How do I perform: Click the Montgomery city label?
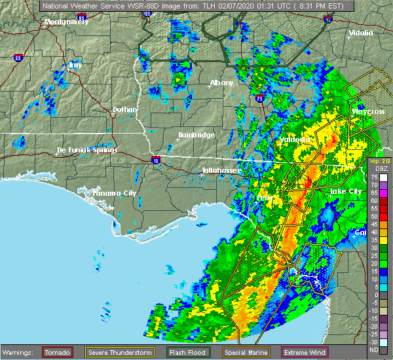coord(65,22)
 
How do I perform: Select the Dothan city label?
coord(125,109)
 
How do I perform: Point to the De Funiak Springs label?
coord(87,150)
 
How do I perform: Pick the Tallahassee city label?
coord(221,170)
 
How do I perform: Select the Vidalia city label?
coord(361,33)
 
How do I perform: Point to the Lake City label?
coord(345,190)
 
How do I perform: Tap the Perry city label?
coord(265,197)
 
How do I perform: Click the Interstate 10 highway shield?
coord(155,159)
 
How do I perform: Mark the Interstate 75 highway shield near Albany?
coord(261,99)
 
